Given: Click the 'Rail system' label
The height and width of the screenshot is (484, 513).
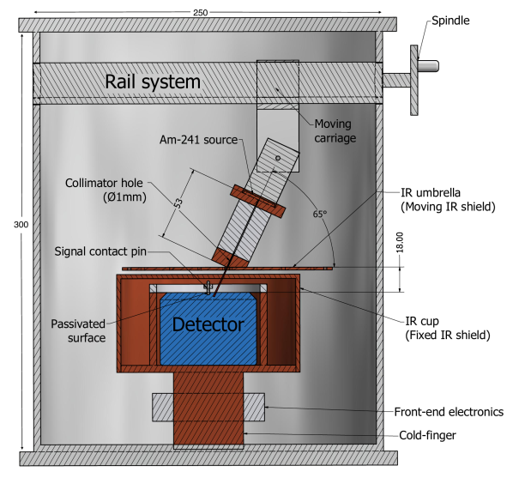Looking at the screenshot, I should pyautogui.click(x=153, y=82).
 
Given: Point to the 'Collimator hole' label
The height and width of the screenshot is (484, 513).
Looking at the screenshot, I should pyautogui.click(x=105, y=183).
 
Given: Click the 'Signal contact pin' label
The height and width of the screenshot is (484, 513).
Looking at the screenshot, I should pyautogui.click(x=106, y=251).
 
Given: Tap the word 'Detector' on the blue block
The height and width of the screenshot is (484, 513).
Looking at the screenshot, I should pyautogui.click(x=208, y=325).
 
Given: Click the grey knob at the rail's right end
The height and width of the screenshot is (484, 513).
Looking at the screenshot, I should pyautogui.click(x=427, y=66).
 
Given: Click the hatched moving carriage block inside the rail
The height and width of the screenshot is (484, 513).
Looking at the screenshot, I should pyautogui.click(x=278, y=83).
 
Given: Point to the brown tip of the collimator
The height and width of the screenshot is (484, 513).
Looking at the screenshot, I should pyautogui.click(x=230, y=255).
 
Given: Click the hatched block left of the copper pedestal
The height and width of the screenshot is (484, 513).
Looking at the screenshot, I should pyautogui.click(x=163, y=406).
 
